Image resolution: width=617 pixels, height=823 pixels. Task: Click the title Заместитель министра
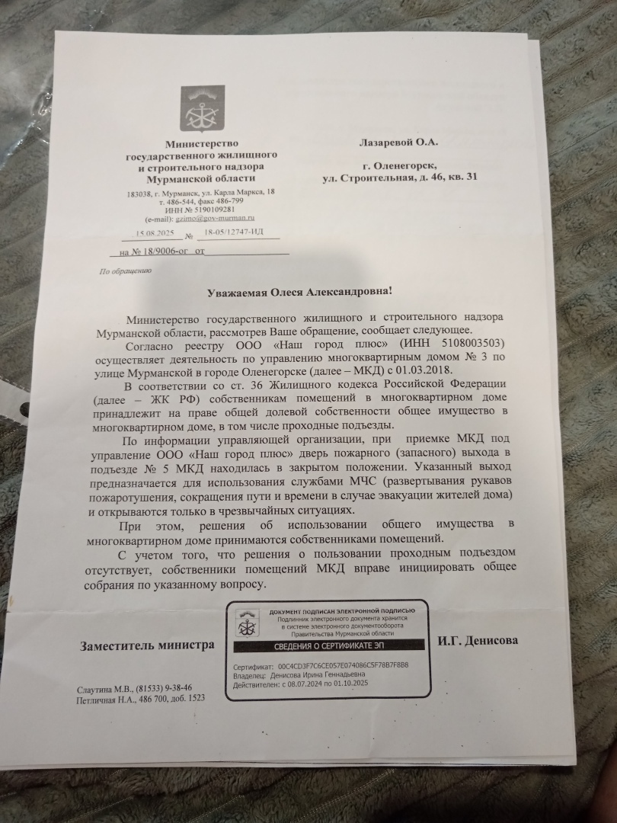(147, 645)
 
